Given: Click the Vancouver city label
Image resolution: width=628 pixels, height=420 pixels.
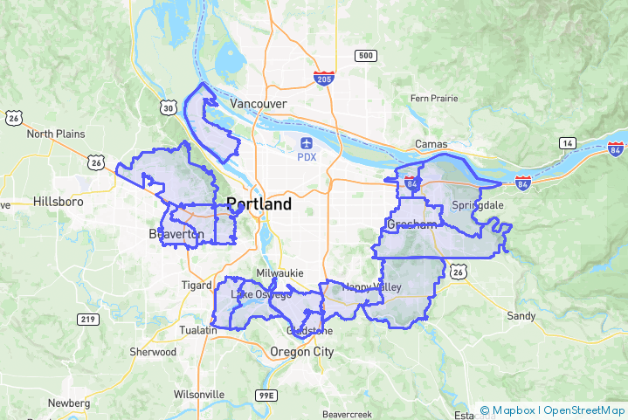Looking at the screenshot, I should point(258,103).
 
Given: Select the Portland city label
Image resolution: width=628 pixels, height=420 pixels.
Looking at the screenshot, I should point(259,204).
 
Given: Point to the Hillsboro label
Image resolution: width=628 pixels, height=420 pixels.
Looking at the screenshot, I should point(58,201).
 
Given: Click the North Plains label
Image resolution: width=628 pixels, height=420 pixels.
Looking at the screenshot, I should point(56,134).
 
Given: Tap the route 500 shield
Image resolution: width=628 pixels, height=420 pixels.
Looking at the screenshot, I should point(365,56).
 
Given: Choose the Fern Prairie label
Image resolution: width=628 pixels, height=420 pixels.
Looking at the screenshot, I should point(434,99).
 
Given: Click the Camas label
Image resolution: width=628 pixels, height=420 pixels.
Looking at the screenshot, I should point(431,144).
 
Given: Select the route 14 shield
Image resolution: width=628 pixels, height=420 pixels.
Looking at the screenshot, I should point(568,142).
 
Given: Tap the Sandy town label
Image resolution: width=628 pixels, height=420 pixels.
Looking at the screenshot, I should point(521,315).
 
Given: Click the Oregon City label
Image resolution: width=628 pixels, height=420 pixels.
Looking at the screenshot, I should point(302,351).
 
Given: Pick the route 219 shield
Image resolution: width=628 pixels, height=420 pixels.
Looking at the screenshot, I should point(87,320).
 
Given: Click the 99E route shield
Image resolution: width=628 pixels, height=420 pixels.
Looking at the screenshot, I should point(266,396).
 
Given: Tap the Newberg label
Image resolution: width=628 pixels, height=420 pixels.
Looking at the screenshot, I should point(68,403).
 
